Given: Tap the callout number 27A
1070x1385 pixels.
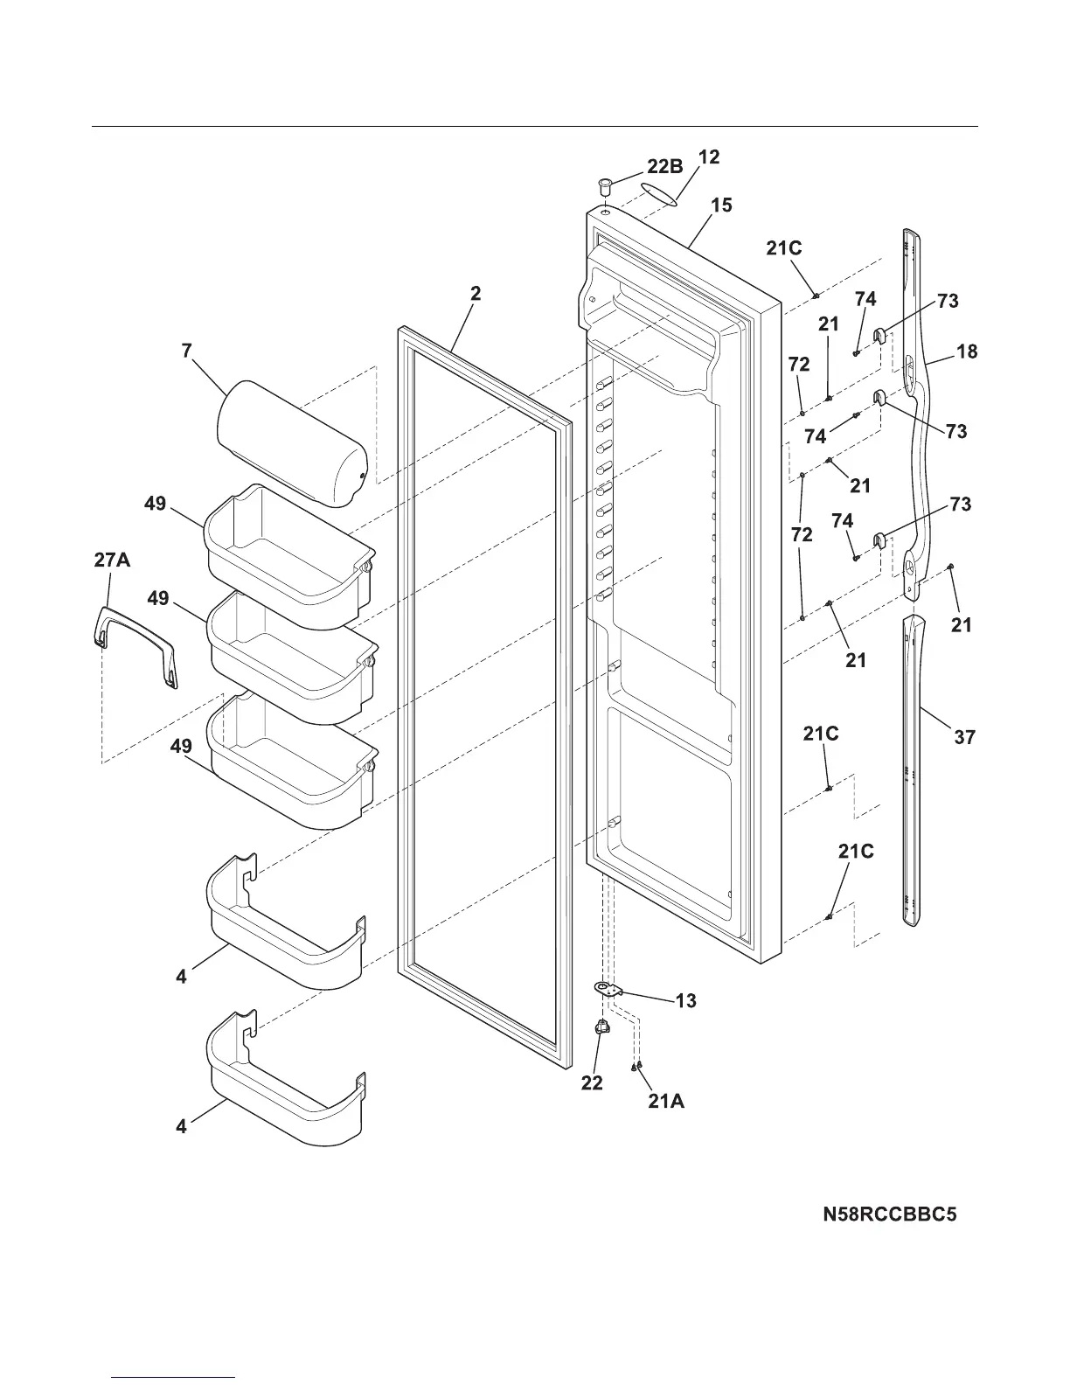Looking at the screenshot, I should coord(112,560).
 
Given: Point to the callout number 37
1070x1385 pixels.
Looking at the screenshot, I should coord(964,737).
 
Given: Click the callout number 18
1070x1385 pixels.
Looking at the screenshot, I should coord(967,351).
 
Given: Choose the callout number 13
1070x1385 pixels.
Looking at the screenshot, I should coord(686,1000).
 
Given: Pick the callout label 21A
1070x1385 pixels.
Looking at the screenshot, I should coord(666,1102).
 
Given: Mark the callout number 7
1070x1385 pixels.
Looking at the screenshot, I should coord(186,351).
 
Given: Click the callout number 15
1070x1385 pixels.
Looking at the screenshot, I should coord(721,205).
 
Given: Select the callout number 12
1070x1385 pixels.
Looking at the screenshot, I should coord(709,157).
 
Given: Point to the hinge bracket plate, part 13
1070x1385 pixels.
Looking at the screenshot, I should coord(607,989).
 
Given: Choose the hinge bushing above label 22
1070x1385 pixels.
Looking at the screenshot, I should coord(601,1028).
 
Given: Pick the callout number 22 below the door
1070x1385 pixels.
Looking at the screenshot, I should coord(592,1082).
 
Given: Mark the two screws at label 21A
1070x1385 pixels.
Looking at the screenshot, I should coord(637,1066).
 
